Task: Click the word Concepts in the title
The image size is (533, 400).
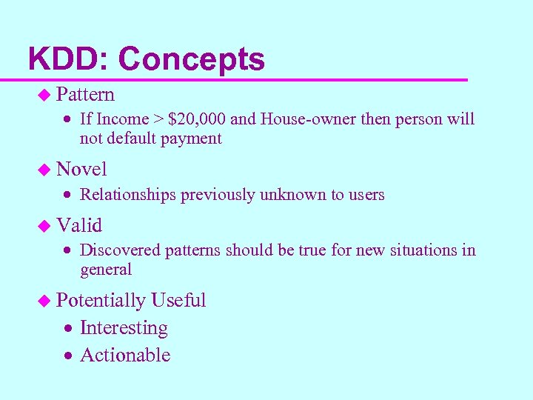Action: pyautogui.click(x=191, y=59)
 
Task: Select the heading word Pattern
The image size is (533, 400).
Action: pyautogui.click(x=85, y=94)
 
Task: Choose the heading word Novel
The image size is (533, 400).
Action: pyautogui.click(x=81, y=169)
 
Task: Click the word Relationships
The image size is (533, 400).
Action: pyautogui.click(x=128, y=195)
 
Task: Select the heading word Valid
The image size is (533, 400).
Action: pyautogui.click(x=79, y=224)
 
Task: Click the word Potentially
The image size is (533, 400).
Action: pyautogui.click(x=101, y=300)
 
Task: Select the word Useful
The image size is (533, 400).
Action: pyautogui.click(x=178, y=300)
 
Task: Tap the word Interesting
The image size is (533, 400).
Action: pyautogui.click(x=124, y=327)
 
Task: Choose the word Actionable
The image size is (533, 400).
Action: pyautogui.click(x=125, y=355)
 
